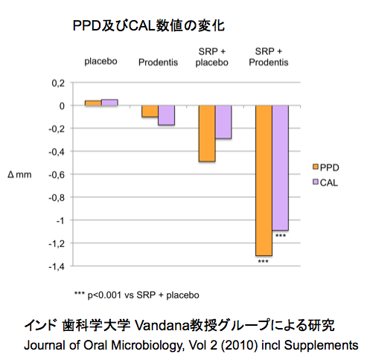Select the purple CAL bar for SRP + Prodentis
[x=280, y=168]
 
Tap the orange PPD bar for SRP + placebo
[x=206, y=133]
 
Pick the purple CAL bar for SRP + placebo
[x=223, y=122]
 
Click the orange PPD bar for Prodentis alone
[x=150, y=112]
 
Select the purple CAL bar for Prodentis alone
[x=166, y=115]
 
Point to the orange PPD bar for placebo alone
[x=92, y=103]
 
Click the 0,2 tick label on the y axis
[x=59, y=83]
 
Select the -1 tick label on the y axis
[x=61, y=220]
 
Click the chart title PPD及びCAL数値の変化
[x=148, y=26]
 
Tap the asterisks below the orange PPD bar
[x=263, y=261]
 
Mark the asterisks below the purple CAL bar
[x=281, y=236]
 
